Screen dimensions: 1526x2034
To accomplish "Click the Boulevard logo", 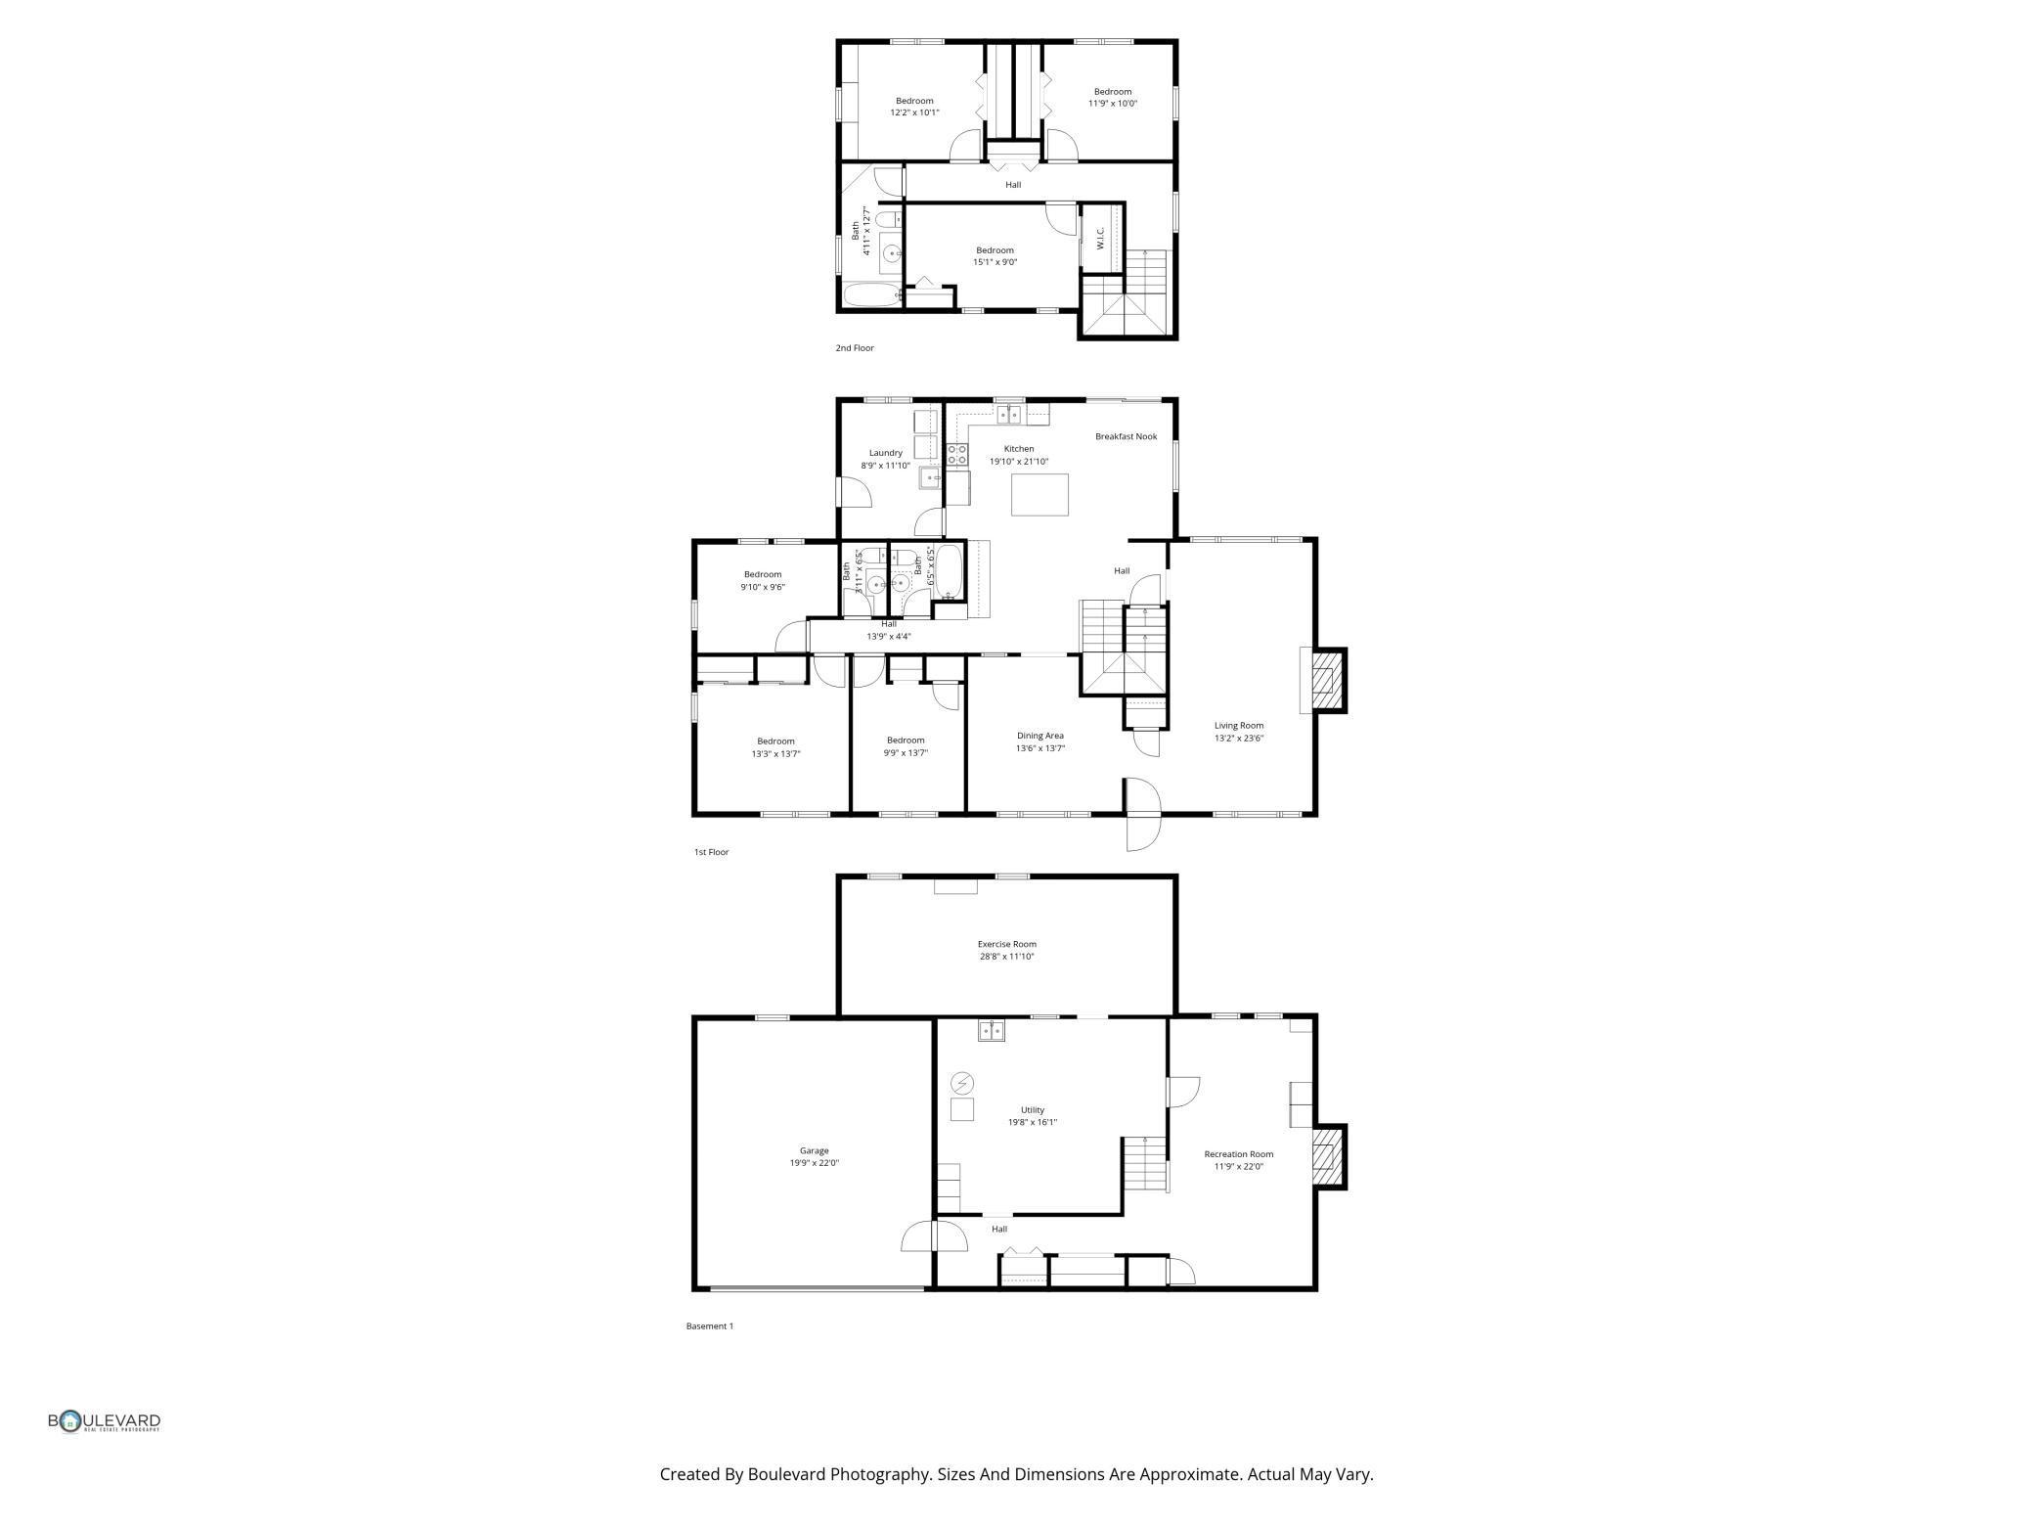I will [105, 1421].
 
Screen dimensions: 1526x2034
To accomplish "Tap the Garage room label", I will [814, 1151].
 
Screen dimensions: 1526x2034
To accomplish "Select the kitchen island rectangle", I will [1039, 494].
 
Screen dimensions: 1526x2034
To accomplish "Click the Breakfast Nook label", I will [1126, 436].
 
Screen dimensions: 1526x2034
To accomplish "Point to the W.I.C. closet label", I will [1100, 238].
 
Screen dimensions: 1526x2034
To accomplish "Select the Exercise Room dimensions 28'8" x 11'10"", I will [1006, 957].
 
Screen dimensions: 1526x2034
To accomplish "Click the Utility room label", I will [1033, 1110].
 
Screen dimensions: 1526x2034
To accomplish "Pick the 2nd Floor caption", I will [855, 348].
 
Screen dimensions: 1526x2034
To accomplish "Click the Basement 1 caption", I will [709, 1326].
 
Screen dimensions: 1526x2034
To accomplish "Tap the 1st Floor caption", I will [711, 852].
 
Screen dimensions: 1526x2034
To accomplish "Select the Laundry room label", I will [885, 453].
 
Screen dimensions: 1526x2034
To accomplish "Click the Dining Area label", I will [1039, 736].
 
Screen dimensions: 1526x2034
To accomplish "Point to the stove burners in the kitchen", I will [956, 454].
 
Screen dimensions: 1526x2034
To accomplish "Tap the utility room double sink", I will [992, 1030].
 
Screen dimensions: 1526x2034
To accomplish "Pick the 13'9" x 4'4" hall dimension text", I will [888, 637].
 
